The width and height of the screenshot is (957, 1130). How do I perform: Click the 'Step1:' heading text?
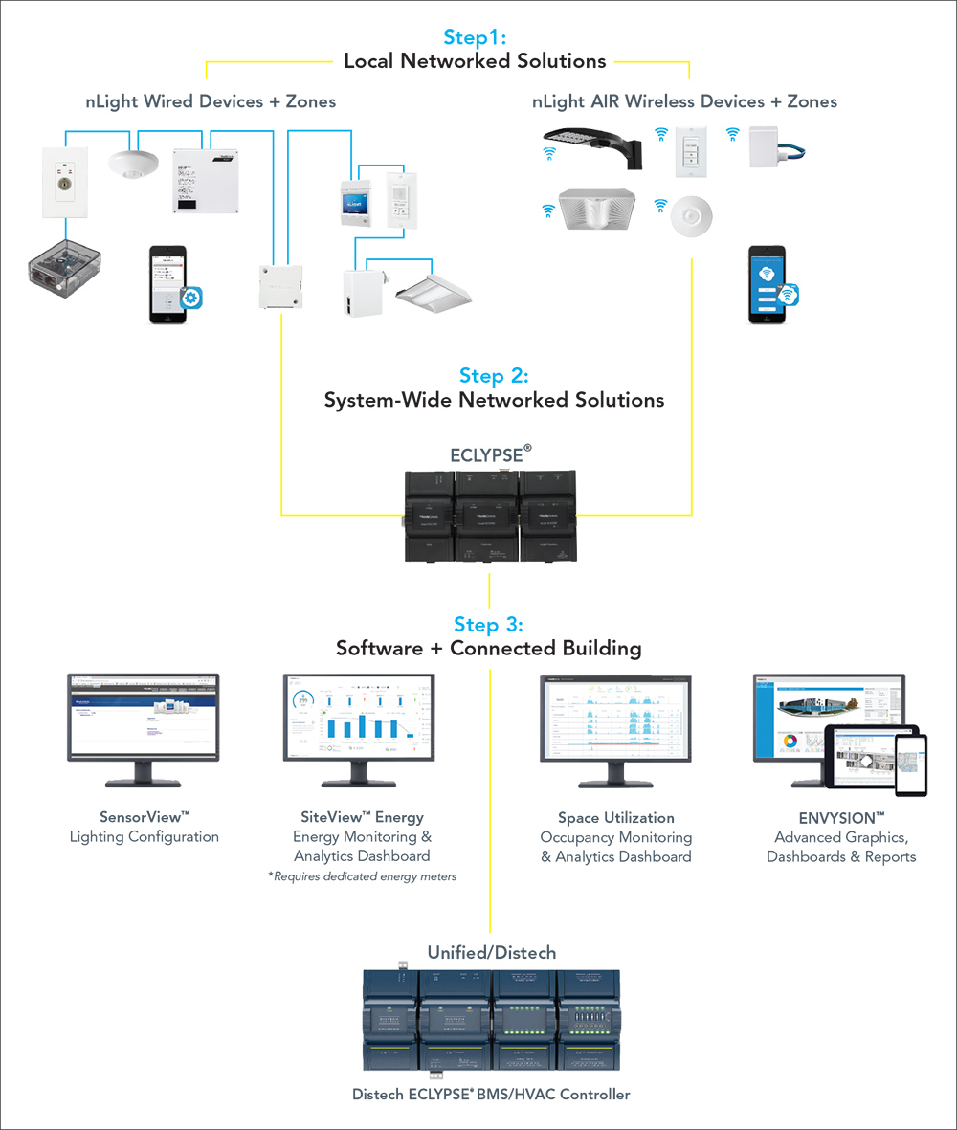[475, 37]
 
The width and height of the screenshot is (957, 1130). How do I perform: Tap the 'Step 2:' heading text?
[494, 375]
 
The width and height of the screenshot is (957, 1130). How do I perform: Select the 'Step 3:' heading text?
[488, 625]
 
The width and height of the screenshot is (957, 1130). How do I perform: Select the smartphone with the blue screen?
[768, 284]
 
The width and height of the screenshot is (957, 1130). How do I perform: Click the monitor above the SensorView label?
[143, 719]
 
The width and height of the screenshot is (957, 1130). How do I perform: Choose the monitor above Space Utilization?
[615, 719]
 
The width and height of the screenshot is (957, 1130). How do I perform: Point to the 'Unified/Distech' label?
[491, 952]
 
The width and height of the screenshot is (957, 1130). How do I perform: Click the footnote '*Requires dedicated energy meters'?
[362, 876]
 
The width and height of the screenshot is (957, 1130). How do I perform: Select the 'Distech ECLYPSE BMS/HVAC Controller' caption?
[491, 1094]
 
